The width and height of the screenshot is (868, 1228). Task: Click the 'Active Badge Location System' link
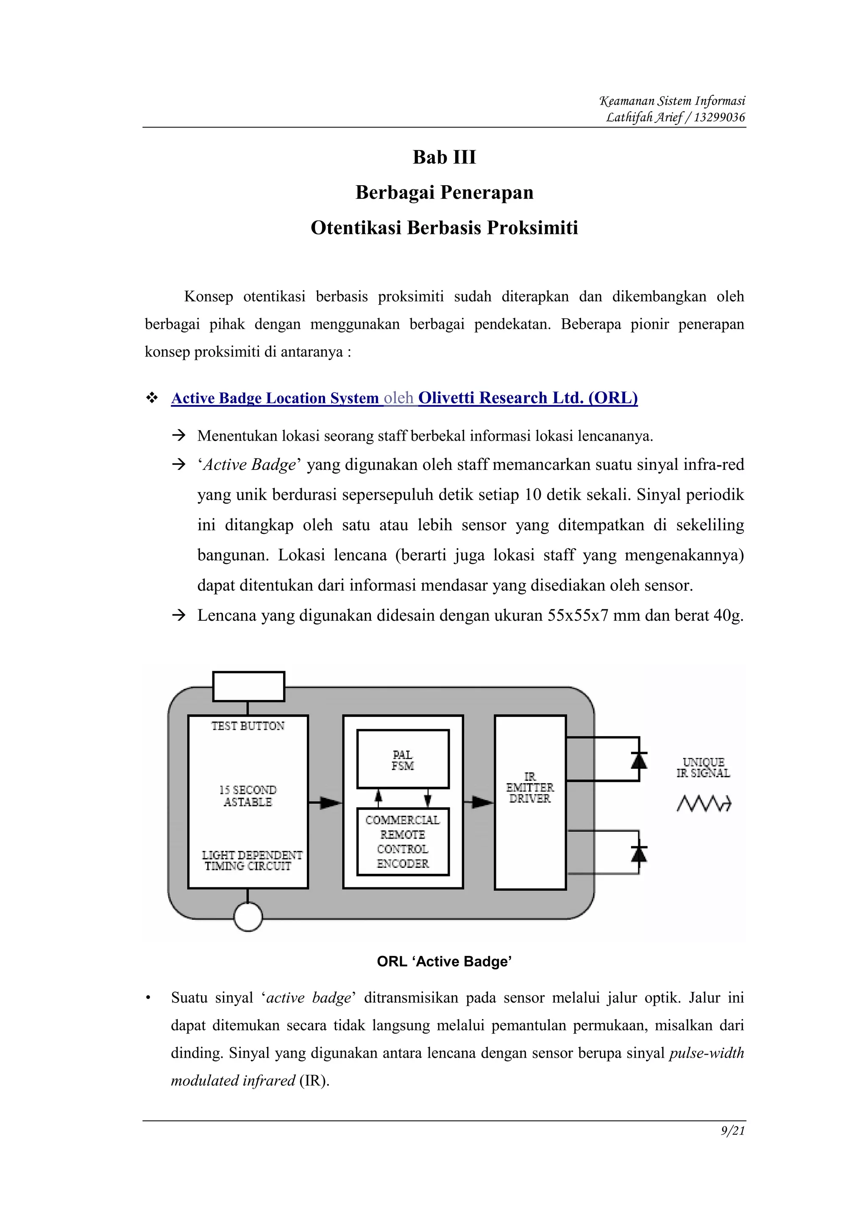coord(275,398)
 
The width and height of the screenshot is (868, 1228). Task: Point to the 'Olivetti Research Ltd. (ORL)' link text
coord(528,398)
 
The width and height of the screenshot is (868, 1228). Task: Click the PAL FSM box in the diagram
coord(403,759)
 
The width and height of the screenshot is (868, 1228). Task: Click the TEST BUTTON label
coord(248,726)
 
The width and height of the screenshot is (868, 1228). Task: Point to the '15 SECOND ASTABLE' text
coord(248,796)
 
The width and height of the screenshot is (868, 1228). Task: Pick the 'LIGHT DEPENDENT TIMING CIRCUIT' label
coord(251,861)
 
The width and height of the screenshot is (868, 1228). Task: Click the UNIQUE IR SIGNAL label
coord(703,767)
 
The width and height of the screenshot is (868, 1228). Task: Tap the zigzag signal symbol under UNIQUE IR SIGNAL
coord(703,803)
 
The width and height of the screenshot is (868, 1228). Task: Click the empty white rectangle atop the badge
coord(248,686)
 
